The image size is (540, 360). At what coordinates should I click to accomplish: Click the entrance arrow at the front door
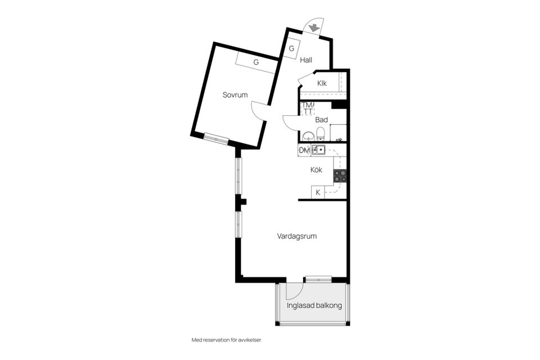314,25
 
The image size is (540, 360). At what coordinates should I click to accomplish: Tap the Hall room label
306,60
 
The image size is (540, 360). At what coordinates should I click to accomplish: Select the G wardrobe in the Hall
291,48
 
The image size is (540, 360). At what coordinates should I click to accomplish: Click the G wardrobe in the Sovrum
256,62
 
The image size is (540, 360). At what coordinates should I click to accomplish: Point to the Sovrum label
235,95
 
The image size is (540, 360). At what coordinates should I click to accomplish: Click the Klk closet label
322,83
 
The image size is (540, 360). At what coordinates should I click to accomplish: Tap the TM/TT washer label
308,109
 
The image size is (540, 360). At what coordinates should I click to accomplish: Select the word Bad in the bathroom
321,120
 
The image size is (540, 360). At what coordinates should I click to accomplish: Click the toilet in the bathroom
321,134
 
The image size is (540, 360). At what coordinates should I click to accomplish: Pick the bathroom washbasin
308,136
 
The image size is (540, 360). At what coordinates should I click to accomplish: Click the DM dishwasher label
304,150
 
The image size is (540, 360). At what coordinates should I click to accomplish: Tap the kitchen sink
319,150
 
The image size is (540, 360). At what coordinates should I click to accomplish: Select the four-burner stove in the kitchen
340,176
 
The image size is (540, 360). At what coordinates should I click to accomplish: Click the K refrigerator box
318,192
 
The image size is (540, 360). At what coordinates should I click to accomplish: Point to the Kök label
316,170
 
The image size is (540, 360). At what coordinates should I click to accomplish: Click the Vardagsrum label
296,236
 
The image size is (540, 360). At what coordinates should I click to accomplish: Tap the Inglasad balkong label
314,306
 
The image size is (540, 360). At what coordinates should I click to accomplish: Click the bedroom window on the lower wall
215,138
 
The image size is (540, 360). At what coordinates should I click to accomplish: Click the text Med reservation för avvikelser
227,340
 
